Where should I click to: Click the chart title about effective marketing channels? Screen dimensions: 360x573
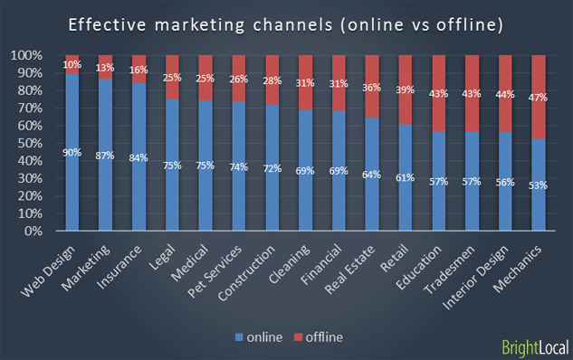[286, 24]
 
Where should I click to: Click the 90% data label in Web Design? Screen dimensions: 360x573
[72, 152]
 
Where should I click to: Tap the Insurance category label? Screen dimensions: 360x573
[125, 263]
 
